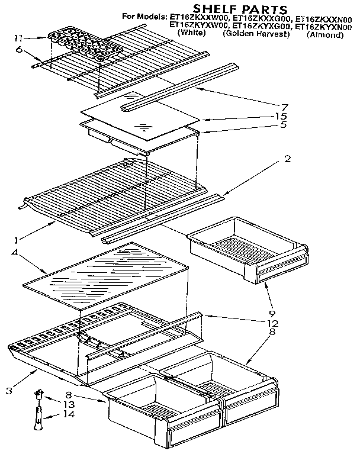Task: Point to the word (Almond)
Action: pos(325,35)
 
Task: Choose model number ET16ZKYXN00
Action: pos(323,26)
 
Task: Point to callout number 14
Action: pos(70,414)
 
